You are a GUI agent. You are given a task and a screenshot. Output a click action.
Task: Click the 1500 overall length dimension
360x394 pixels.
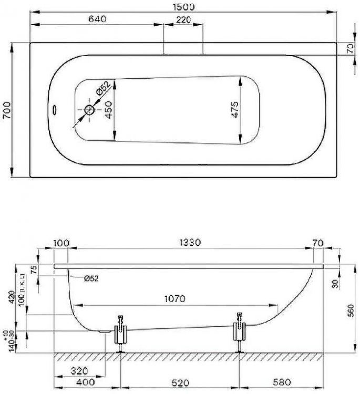[183, 7]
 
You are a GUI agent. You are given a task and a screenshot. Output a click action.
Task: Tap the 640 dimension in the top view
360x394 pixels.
[97, 19]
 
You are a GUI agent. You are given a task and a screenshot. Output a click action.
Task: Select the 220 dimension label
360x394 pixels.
[183, 19]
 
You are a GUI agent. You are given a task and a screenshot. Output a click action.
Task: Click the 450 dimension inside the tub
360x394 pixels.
[107, 110]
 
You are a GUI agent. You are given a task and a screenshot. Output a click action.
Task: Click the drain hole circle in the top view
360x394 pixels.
[89, 110]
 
